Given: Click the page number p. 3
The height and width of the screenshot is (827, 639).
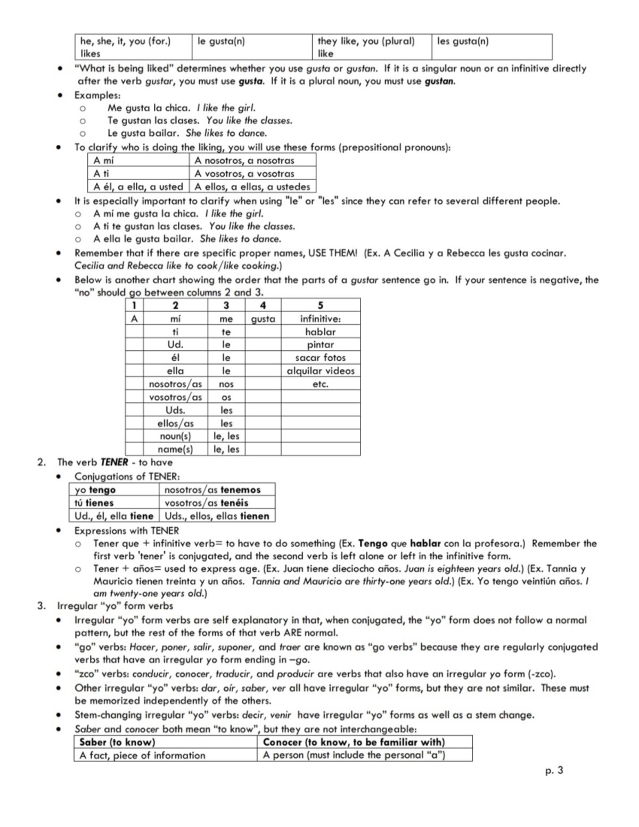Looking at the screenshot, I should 554,770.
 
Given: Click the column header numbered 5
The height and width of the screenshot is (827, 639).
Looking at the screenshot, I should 320,305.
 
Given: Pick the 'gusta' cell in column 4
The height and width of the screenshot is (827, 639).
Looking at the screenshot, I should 263,319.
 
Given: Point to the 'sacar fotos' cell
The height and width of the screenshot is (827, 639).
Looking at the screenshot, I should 320,358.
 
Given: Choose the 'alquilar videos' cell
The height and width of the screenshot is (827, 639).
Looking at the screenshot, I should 320,371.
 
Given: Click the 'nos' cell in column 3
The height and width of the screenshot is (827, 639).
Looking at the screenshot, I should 226,384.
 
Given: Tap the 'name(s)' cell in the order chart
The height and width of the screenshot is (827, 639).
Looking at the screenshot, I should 175,449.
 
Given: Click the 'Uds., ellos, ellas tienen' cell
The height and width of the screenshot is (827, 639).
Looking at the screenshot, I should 217,515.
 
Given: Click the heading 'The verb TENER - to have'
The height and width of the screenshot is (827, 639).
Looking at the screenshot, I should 114,462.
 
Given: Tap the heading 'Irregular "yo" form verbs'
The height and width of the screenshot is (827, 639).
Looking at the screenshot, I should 115,606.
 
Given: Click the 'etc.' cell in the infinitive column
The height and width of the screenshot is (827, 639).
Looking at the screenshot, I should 320,384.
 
